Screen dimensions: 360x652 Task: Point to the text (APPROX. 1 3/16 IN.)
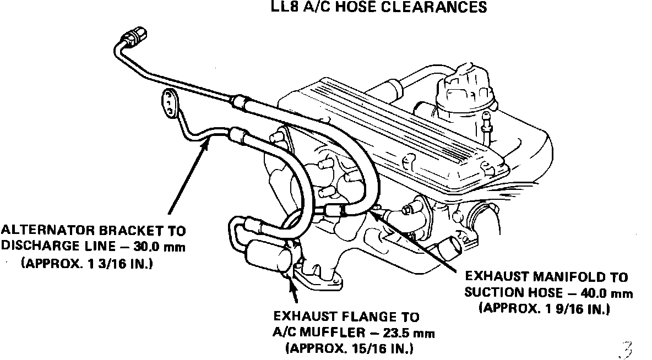click(x=87, y=264)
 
